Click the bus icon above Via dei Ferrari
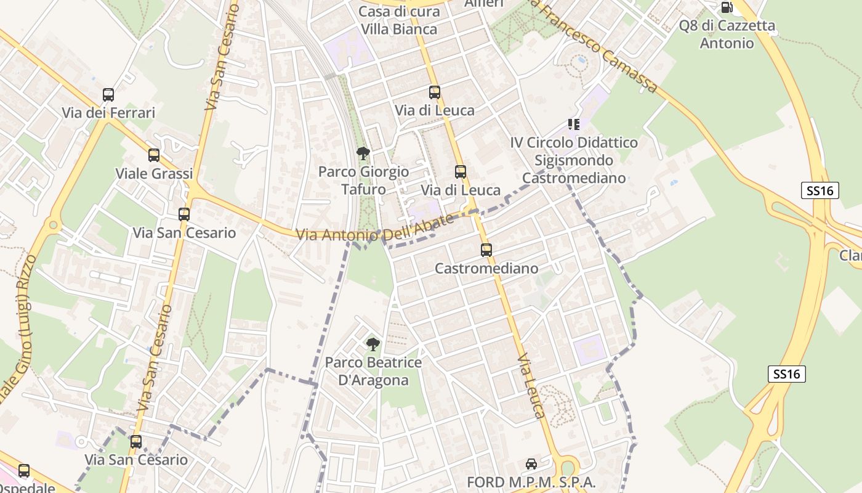108,95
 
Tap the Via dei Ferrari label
108,113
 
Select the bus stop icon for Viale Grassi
154,155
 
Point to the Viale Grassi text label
154,173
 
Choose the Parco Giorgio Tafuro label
363,180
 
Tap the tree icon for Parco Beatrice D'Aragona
373,344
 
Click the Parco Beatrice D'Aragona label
373,371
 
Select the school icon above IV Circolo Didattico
574,124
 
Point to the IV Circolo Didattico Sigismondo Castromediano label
574,160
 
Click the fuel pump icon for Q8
727,7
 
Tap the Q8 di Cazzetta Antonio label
727,34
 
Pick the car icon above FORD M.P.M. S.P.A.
531,464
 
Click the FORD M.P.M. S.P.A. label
531,482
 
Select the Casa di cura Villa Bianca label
399,20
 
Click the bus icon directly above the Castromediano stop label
486,250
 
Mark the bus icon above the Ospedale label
24,471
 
